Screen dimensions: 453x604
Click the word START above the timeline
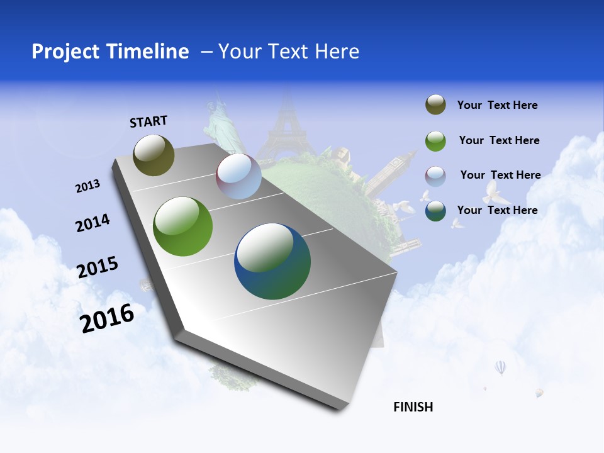click(x=148, y=121)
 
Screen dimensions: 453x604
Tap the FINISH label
click(x=413, y=407)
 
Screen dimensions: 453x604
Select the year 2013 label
click(x=87, y=186)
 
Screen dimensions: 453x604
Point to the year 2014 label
click(x=92, y=223)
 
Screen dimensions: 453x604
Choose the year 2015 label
click(x=98, y=267)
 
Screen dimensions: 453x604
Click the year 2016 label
click(x=107, y=318)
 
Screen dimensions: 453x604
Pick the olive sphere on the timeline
click(x=154, y=155)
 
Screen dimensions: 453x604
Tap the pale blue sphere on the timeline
click(x=238, y=177)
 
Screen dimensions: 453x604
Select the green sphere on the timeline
click(x=182, y=226)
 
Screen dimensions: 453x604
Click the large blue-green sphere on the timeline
click(x=272, y=261)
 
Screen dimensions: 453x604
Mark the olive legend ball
click(x=435, y=105)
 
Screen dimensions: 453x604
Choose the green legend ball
click(x=435, y=141)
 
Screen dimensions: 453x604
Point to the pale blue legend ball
click(x=435, y=176)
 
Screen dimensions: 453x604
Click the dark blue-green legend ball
click(x=435, y=211)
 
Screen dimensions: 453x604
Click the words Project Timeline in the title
click(x=110, y=52)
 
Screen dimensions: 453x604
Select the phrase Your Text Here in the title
click(x=289, y=52)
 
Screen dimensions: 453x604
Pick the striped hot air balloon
click(x=500, y=367)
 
